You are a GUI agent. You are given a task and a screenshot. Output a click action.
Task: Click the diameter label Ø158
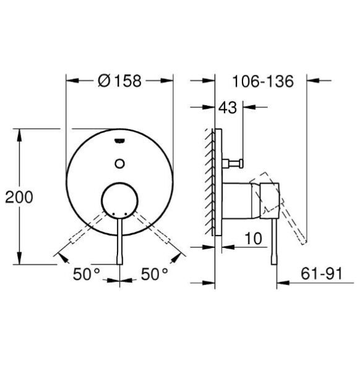[x=120, y=80]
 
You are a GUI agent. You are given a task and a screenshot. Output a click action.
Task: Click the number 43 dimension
[x=228, y=108]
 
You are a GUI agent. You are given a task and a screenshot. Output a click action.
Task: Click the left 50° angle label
[x=87, y=274]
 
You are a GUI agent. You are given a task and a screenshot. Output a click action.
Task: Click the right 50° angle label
[x=154, y=274]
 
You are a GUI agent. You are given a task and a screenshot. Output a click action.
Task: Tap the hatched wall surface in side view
[x=211, y=179]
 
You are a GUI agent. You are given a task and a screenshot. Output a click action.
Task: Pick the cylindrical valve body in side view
[x=238, y=201]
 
